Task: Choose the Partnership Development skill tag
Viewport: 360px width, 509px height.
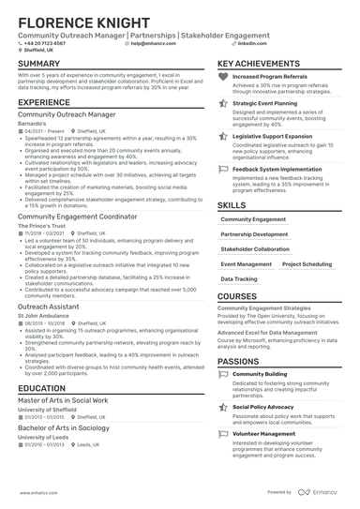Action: [254, 234]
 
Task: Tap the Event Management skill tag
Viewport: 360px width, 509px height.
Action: [247, 264]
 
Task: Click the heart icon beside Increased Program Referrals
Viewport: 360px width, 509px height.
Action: [222, 77]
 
